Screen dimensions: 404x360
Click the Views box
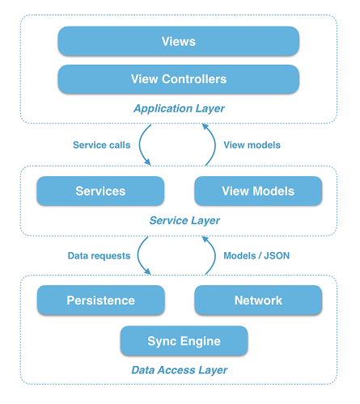(x=179, y=41)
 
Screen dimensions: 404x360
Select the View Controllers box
(x=179, y=79)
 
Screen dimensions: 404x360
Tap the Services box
(x=100, y=191)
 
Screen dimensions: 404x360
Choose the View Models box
(x=258, y=191)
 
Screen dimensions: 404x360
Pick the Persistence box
(x=100, y=300)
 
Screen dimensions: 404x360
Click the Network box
(x=258, y=300)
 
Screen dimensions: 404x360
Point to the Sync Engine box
(x=184, y=341)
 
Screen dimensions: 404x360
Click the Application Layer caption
(x=179, y=108)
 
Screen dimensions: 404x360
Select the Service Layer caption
(x=184, y=220)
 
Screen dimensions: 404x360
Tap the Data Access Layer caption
(x=179, y=370)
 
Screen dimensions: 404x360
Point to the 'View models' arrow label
(x=252, y=145)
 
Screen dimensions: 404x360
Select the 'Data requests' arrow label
(x=99, y=255)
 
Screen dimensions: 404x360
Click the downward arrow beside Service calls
(x=144, y=145)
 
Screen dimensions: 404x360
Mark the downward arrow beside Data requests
(x=142, y=255)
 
